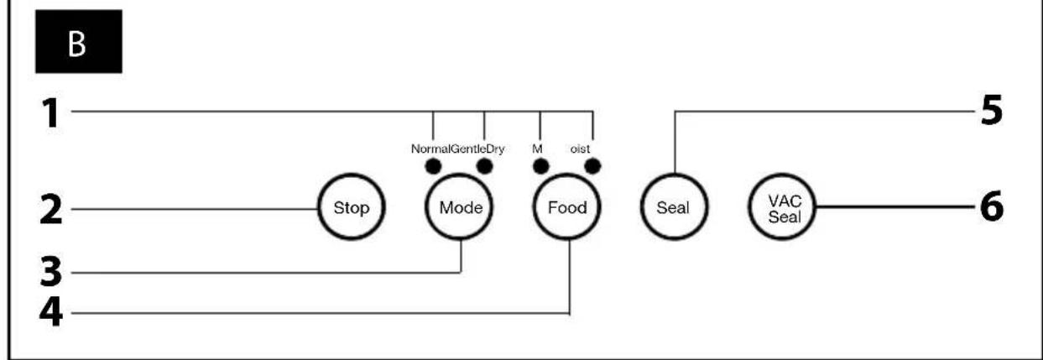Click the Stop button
(x=352, y=206)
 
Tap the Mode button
(x=460, y=206)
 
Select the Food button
(x=567, y=206)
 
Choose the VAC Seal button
(x=783, y=206)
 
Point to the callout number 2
(x=50, y=210)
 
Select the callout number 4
(x=51, y=312)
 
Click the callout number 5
(x=991, y=110)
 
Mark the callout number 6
(x=992, y=206)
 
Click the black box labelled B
(x=79, y=41)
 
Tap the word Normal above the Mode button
(x=430, y=149)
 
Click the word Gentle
(x=468, y=149)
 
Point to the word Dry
(x=495, y=149)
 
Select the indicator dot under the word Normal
(x=433, y=166)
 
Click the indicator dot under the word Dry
(x=485, y=166)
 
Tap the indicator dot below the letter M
(x=540, y=166)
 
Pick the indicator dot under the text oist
(x=592, y=166)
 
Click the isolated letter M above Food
(x=537, y=149)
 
